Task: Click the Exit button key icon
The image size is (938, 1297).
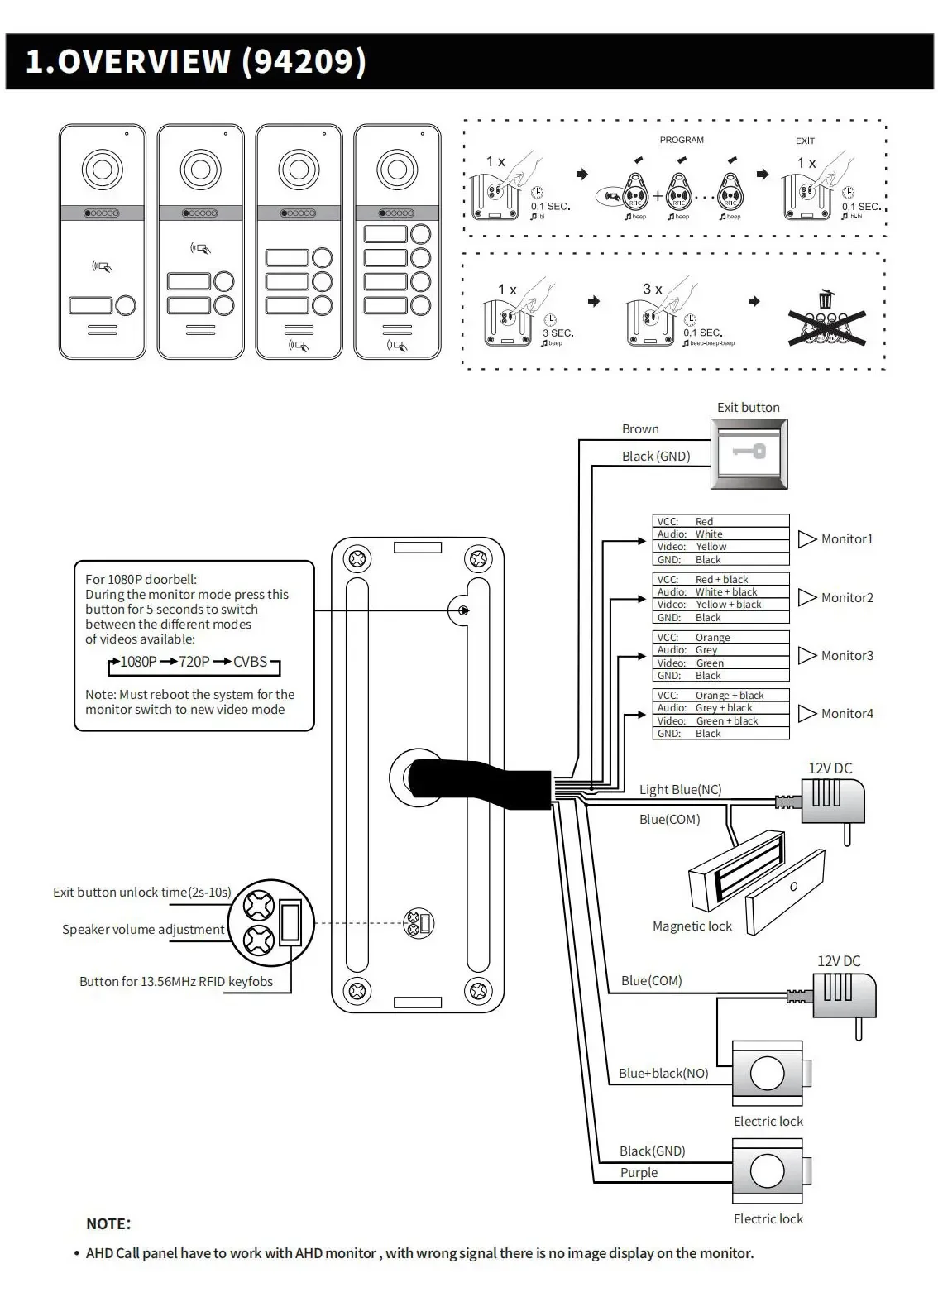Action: point(749,452)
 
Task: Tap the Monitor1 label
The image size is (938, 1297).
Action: point(846,539)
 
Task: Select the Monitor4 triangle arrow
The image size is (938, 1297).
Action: point(806,713)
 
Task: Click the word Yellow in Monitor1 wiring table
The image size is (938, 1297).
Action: point(711,547)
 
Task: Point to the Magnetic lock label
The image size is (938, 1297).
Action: point(692,926)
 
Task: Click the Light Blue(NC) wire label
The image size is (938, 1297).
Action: point(680,790)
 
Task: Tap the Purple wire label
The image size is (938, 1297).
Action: point(639,1173)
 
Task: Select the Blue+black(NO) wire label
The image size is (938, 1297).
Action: point(663,1074)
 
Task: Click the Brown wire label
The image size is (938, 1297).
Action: point(640,429)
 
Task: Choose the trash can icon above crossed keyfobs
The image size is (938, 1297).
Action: point(826,299)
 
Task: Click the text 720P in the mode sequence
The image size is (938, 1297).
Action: point(194,662)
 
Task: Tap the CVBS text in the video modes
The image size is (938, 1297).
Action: point(250,662)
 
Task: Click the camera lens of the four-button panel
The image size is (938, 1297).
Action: point(397,170)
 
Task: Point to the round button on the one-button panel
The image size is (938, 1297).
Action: point(126,306)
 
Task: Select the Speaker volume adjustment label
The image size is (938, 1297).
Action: point(143,930)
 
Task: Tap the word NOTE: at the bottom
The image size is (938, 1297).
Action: point(108,1224)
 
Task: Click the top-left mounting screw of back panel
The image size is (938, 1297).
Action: point(357,559)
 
